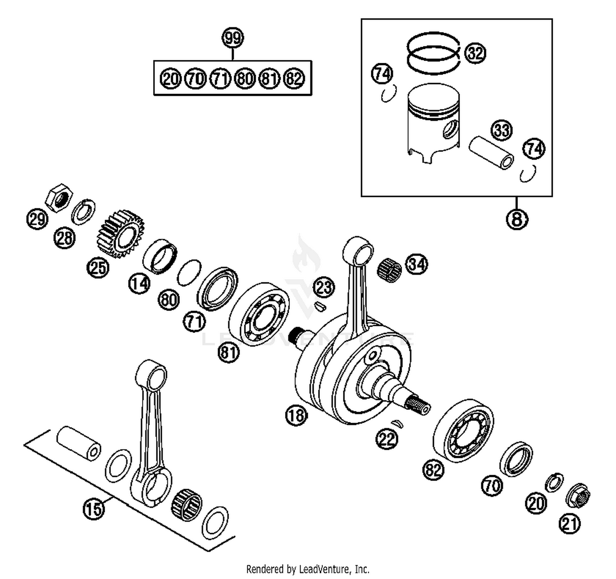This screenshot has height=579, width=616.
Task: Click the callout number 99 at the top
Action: pyautogui.click(x=232, y=38)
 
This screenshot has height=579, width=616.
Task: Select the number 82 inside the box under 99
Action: pyautogui.click(x=294, y=78)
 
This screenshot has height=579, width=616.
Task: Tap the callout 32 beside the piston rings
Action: pyautogui.click(x=475, y=53)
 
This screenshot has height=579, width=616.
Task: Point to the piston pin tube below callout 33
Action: pyautogui.click(x=491, y=152)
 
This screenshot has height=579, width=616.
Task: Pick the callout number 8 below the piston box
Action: pyautogui.click(x=517, y=219)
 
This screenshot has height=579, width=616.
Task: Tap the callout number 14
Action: pyautogui.click(x=140, y=284)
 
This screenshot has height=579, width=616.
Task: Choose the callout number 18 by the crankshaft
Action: pyautogui.click(x=297, y=416)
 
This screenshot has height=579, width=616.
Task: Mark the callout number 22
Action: pyautogui.click(x=386, y=439)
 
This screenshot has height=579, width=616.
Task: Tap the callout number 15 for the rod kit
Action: pyautogui.click(x=94, y=509)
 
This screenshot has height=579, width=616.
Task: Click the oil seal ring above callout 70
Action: pyautogui.click(x=516, y=459)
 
